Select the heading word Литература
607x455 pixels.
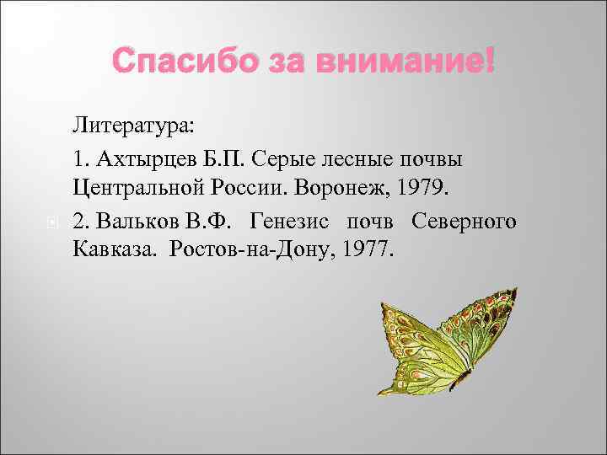click(x=133, y=126)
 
